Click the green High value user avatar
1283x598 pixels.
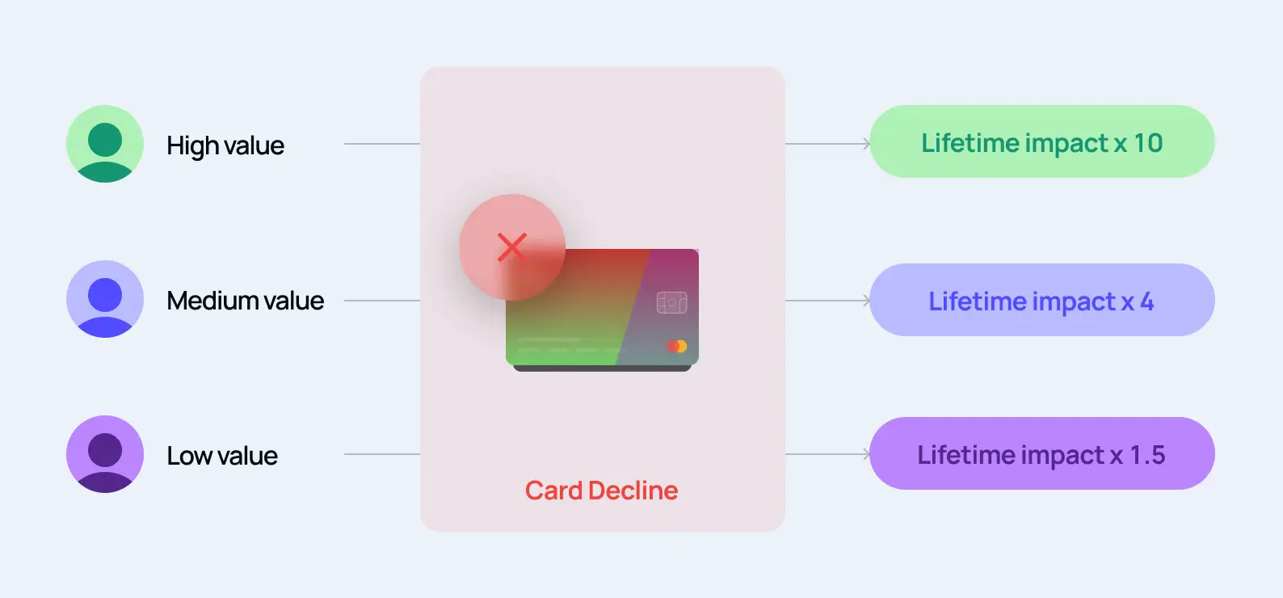click(105, 144)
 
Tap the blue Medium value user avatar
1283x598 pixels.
click(105, 299)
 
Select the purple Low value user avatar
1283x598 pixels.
click(105, 454)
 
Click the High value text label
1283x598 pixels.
click(225, 145)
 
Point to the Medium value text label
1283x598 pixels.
click(245, 301)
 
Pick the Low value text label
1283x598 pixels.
click(222, 456)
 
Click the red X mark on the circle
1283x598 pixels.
click(511, 247)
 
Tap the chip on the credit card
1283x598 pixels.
click(671, 302)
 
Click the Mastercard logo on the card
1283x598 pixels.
click(677, 346)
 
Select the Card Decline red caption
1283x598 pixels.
click(601, 491)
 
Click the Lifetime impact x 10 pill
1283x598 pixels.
click(1041, 142)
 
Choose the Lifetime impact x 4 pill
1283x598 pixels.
click(1041, 301)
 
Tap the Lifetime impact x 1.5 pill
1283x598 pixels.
click(1041, 454)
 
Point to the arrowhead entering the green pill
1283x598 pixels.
click(866, 144)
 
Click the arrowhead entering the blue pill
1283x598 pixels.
click(866, 301)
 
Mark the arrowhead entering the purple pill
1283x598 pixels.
click(866, 454)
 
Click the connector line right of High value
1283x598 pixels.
click(381, 144)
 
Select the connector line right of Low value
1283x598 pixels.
click(381, 454)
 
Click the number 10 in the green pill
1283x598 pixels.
click(1147, 143)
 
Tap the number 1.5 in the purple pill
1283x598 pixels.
click(1147, 455)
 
